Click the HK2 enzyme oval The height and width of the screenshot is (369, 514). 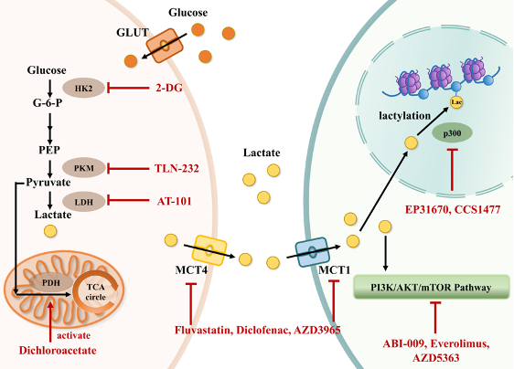click(x=83, y=88)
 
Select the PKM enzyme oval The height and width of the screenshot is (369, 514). click(x=84, y=168)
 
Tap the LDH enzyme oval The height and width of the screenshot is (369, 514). click(x=84, y=202)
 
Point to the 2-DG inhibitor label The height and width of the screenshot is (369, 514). click(x=169, y=88)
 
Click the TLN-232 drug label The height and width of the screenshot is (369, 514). click(x=177, y=168)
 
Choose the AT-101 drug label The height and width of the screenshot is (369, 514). click(x=174, y=201)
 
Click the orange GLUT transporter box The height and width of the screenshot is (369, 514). click(x=165, y=46)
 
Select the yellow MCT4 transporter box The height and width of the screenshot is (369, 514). click(x=209, y=250)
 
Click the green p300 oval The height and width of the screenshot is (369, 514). click(x=453, y=133)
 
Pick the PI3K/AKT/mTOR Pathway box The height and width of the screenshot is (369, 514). click(x=432, y=287)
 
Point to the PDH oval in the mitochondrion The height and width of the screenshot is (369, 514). click(x=51, y=282)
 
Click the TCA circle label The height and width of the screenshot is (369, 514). click(x=96, y=292)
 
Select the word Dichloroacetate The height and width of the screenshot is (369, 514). click(x=58, y=351)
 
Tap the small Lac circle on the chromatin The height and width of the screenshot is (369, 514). click(x=456, y=102)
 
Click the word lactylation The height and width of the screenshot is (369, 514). click(x=405, y=116)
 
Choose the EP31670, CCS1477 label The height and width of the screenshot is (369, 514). click(x=453, y=209)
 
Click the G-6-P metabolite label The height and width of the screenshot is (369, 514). click(x=48, y=103)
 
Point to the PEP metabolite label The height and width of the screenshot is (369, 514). click(x=49, y=150)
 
